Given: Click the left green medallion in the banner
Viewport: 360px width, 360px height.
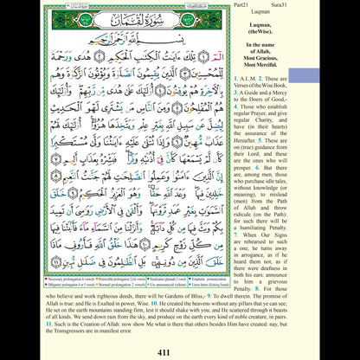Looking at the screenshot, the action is point(72,18).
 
